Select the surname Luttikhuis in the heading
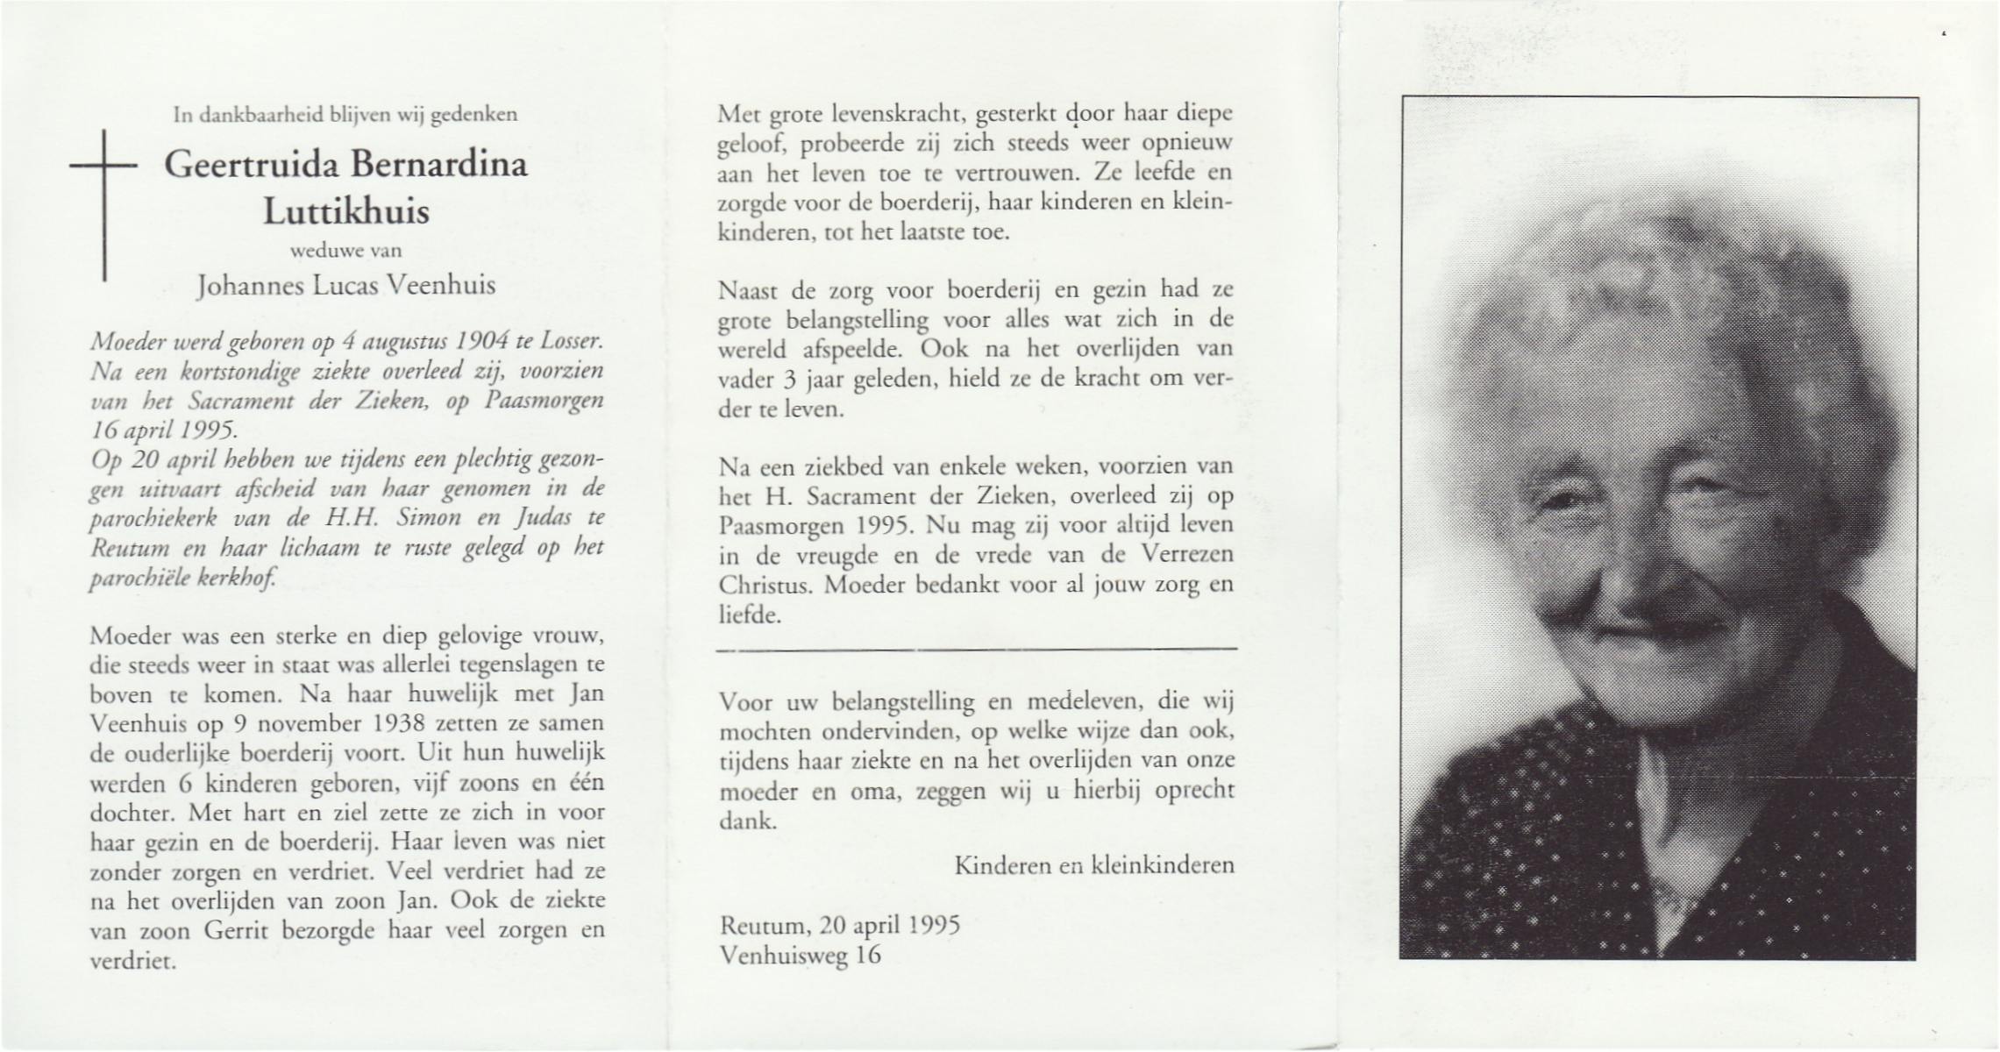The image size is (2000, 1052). [346, 211]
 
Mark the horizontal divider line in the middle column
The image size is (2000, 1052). [976, 650]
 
